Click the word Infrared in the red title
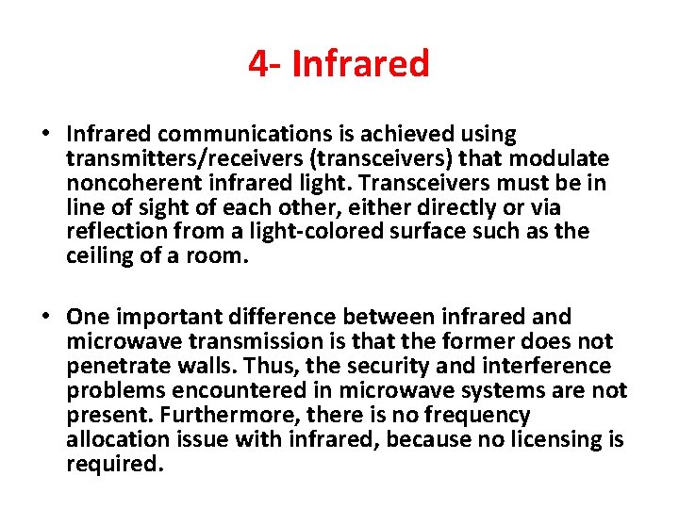tap(361, 64)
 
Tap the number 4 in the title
tap(257, 64)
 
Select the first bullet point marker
tap(46, 135)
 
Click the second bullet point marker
tap(46, 318)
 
